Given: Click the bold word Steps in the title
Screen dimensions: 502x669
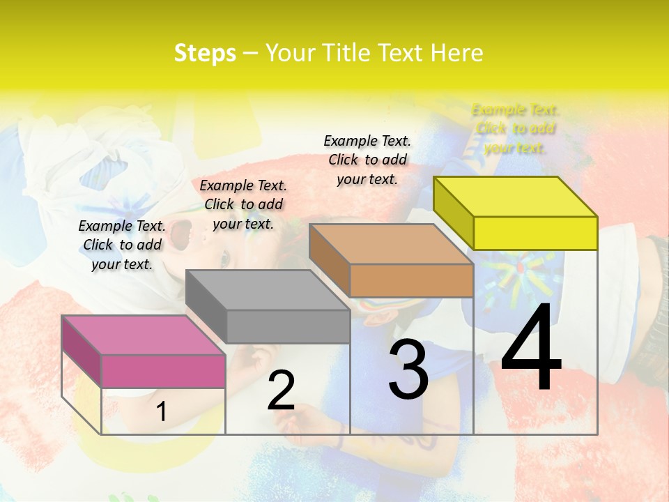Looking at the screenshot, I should coord(205,53).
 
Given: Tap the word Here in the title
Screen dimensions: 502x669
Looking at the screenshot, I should coord(456,53).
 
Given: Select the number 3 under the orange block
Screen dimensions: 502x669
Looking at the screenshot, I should coord(408,370).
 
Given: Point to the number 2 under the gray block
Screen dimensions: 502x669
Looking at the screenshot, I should coord(281,390).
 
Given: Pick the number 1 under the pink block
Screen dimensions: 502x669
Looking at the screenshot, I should coord(161,412).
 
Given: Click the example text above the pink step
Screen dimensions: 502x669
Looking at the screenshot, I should coord(122,245).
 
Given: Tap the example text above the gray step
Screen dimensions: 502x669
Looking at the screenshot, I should coord(243,204).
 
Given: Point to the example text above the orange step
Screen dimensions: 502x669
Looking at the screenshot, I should coord(367,160).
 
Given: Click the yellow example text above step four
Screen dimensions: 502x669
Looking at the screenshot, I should coord(515,129).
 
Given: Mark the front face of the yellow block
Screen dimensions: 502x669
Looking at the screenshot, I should coord(535,233).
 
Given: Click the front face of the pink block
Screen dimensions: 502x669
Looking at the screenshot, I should coord(163,371).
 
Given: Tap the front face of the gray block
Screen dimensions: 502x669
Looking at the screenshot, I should coord(288,326).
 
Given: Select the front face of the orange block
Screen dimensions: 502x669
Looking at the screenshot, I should coord(411,280).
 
